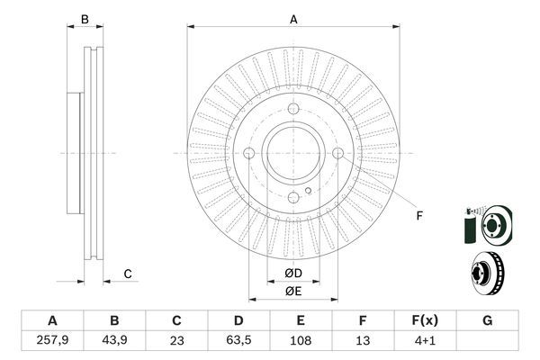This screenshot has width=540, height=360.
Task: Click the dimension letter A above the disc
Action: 293,19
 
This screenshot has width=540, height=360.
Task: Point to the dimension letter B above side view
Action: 85,19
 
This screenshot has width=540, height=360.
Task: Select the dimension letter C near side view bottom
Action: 128,274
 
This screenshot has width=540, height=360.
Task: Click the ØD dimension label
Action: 293,274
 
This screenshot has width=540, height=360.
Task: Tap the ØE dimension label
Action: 293,290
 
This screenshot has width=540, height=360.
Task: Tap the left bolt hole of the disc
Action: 249,154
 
